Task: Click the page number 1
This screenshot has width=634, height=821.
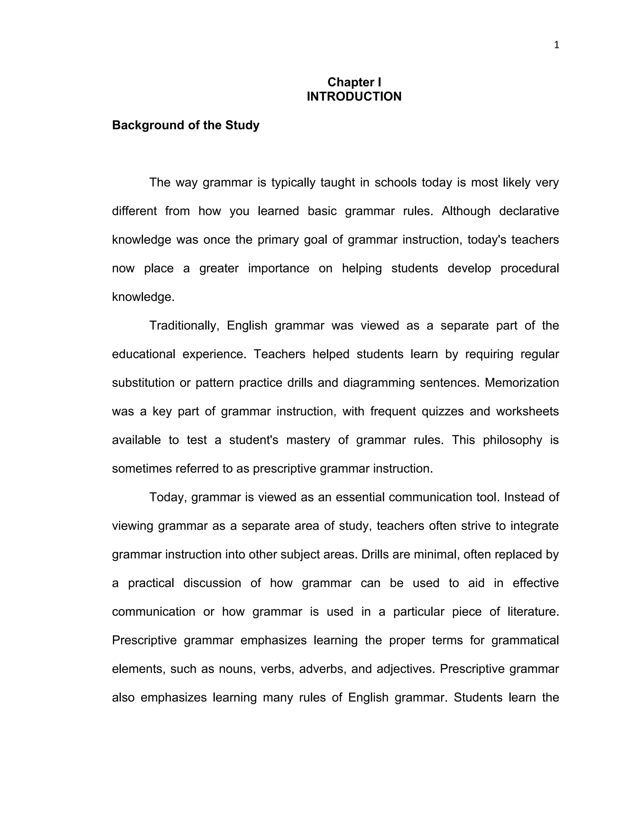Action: pos(556,46)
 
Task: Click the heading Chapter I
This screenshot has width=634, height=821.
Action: pos(354,82)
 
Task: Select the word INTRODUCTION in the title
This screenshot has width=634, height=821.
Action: pos(354,97)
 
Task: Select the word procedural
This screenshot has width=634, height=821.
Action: pos(530,268)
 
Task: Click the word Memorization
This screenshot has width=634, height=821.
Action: pos(522,383)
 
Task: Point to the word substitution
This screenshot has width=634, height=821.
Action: pos(143,383)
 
